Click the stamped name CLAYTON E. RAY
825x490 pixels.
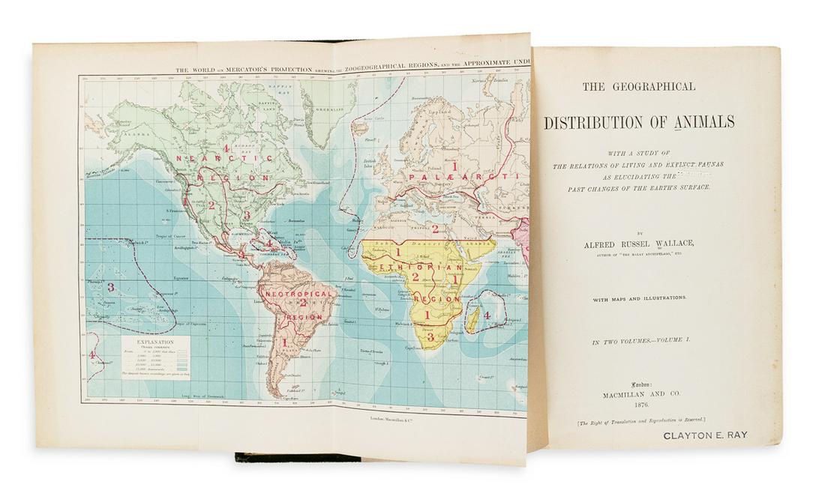pos(706,435)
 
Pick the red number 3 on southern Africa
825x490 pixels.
pos(430,338)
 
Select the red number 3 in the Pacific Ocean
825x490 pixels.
pos(110,287)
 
